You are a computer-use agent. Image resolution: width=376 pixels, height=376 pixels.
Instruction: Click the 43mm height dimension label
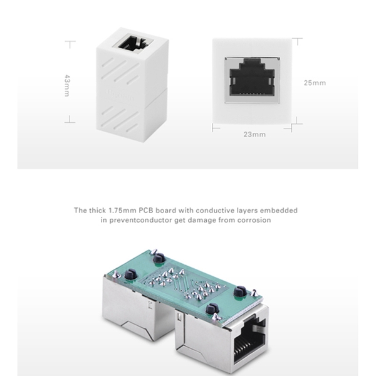click(x=68, y=86)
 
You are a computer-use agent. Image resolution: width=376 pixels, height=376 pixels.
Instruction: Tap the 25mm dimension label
click(x=315, y=83)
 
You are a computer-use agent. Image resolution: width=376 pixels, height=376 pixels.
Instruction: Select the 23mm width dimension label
click(x=254, y=135)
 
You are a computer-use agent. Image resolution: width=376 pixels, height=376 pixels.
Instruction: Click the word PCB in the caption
click(x=146, y=211)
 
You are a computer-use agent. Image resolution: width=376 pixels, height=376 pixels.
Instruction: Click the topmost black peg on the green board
click(x=159, y=259)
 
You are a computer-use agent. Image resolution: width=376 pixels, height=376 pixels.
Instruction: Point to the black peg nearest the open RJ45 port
click(x=212, y=308)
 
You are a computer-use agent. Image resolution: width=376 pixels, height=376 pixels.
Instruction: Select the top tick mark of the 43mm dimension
click(x=70, y=42)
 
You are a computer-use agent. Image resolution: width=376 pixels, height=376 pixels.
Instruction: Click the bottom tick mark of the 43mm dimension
click(x=70, y=122)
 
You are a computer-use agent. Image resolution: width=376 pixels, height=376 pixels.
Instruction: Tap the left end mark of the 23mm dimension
click(x=213, y=128)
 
